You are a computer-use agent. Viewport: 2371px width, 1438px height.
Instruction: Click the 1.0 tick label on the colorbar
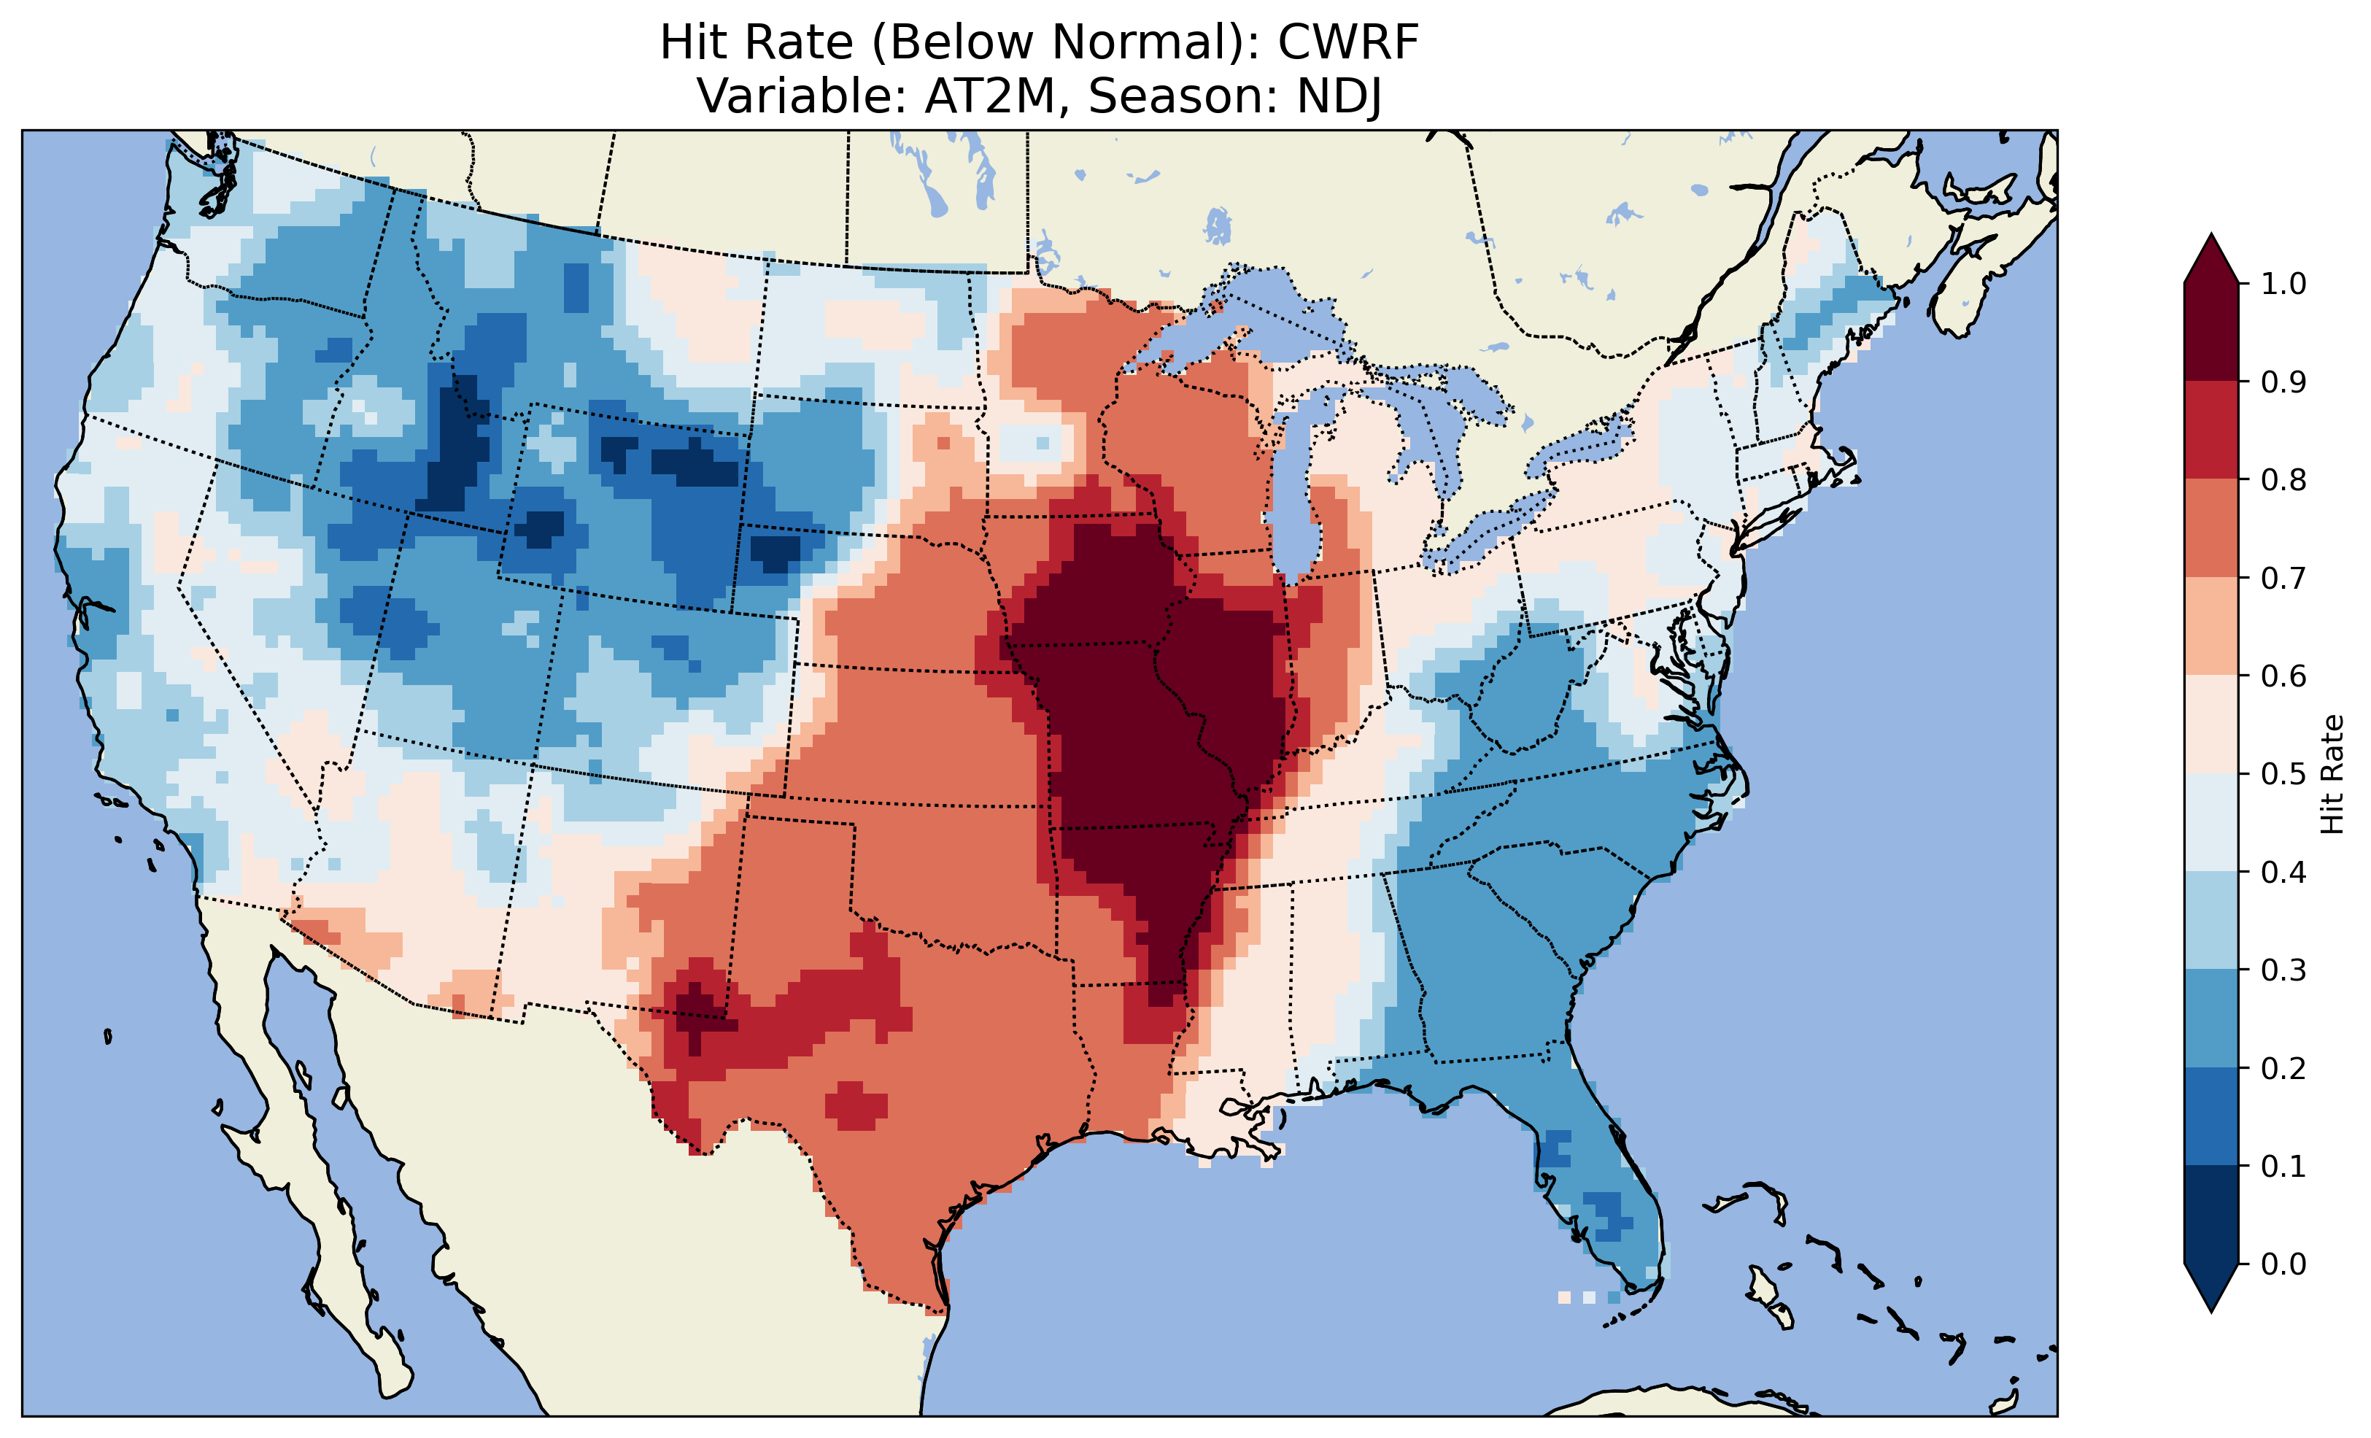2283,284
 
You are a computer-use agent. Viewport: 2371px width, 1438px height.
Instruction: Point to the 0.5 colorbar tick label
2283,774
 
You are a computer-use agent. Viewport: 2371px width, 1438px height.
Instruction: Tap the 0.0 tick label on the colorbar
2283,1264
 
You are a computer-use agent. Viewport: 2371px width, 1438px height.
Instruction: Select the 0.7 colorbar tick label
2283,578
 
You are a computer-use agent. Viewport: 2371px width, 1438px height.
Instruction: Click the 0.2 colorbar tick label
2283,1068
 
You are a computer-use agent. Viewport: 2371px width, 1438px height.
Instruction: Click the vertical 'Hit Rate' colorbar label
2332,774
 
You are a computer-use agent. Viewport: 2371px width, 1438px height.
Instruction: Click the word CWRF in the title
1348,43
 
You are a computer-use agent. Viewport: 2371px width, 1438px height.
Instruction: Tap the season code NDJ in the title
1339,96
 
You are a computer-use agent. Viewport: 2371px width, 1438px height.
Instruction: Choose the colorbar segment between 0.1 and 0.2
2211,1116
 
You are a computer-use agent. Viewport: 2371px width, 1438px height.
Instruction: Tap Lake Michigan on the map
1294,482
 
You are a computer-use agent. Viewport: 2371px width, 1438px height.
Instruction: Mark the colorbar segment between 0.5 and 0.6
2211,724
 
